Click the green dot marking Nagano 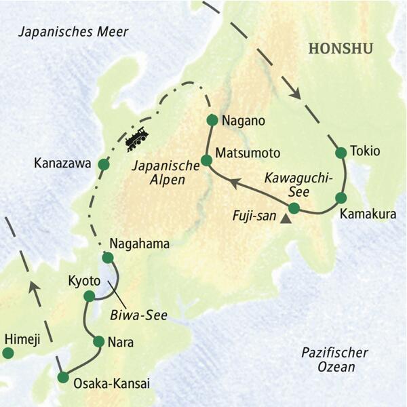coord(211,120)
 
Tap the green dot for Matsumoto coord(207,160)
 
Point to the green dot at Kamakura coord(341,198)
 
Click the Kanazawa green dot coord(103,164)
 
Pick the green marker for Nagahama coord(107,257)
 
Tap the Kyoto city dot coord(89,296)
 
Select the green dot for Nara coord(99,341)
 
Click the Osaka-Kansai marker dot coord(63,377)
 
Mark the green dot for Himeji coord(8,353)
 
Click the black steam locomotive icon coord(136,138)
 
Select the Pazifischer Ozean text coord(334,360)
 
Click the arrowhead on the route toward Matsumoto coord(233,182)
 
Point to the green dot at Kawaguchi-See coord(294,208)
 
